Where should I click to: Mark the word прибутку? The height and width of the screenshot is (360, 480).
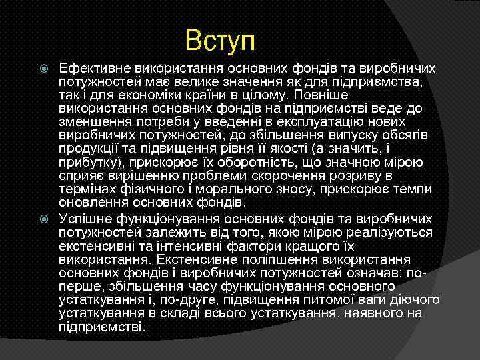point(87,162)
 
